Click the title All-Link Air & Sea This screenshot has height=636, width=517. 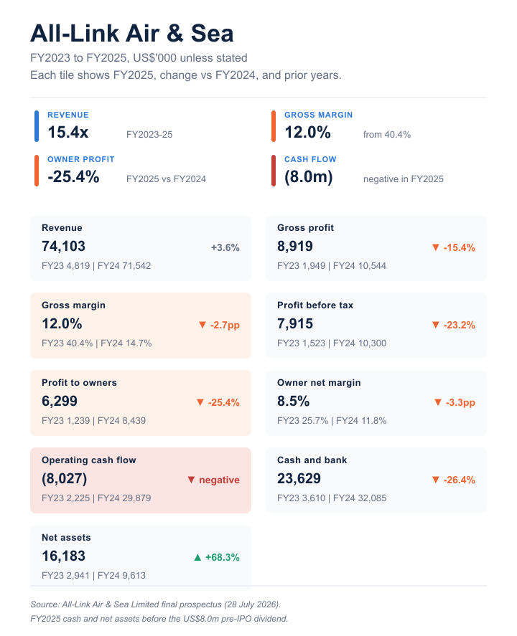click(132, 33)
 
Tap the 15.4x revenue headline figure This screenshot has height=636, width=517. click(67, 132)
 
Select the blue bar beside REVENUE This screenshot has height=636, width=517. click(37, 126)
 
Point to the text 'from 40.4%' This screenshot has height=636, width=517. click(386, 135)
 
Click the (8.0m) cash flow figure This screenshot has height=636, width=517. click(309, 177)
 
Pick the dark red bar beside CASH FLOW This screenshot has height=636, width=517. click(274, 171)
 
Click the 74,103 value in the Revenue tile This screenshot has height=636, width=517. click(63, 246)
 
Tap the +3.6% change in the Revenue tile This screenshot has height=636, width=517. click(225, 248)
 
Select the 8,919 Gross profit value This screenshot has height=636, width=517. click(295, 246)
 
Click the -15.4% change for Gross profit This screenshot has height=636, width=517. click(454, 248)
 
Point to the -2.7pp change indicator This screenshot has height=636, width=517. click(219, 326)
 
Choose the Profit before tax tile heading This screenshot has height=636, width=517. click(315, 305)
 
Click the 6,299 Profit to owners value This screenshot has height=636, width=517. click(60, 401)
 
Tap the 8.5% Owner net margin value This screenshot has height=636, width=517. click(293, 401)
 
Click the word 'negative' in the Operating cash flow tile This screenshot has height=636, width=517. click(219, 480)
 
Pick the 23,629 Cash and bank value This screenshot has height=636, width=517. click(299, 479)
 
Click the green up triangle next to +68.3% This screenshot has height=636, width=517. click(197, 557)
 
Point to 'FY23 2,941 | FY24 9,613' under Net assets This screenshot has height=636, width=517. click(93, 576)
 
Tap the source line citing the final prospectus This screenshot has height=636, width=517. click(156, 604)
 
